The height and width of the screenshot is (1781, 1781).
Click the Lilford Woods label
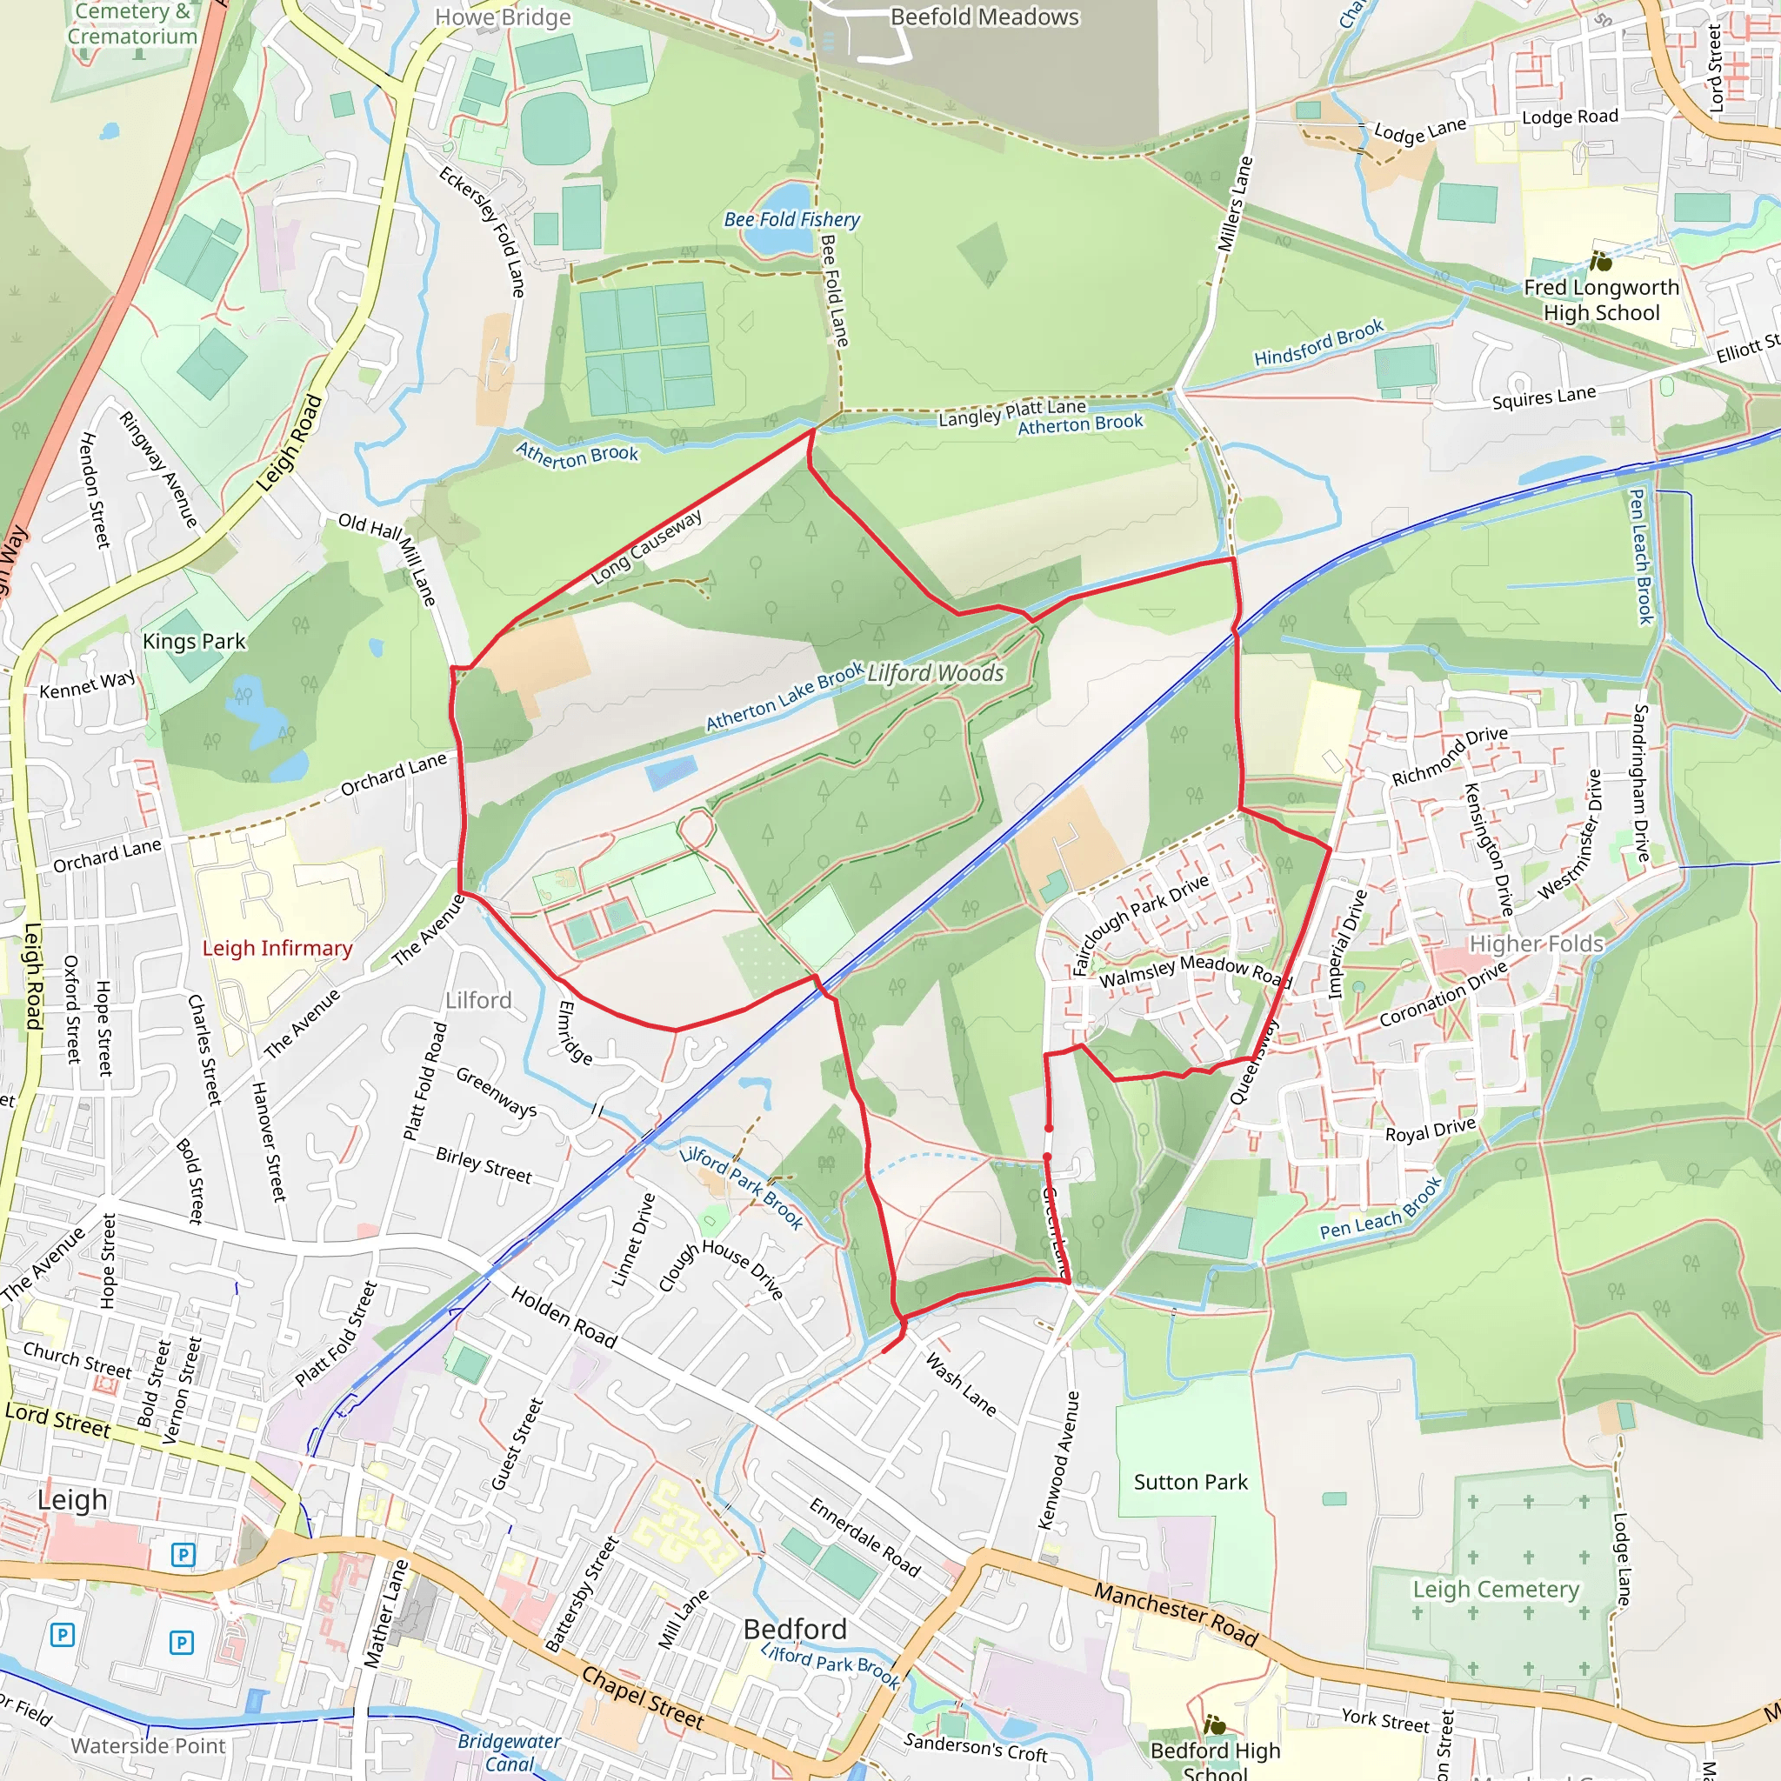[x=935, y=674]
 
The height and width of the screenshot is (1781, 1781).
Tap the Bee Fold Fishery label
[x=791, y=219]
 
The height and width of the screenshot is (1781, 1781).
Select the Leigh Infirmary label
[x=277, y=949]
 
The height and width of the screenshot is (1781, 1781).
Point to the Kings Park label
[x=194, y=642]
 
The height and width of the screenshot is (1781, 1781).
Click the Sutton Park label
[x=1191, y=1483]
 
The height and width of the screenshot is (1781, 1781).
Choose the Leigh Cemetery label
[x=1495, y=1590]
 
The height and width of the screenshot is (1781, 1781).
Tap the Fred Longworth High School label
[x=1601, y=300]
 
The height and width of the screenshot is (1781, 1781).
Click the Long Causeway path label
[x=646, y=547]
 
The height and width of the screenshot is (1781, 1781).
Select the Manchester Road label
[x=1176, y=1613]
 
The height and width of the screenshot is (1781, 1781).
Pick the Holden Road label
[x=564, y=1317]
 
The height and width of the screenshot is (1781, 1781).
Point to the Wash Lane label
[x=961, y=1384]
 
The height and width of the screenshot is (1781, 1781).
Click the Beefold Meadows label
[x=984, y=17]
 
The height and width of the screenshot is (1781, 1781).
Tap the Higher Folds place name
[x=1536, y=944]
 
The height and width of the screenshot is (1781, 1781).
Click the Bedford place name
[x=795, y=1629]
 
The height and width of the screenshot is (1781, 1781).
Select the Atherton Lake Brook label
[x=784, y=697]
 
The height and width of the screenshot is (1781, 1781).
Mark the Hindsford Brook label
[x=1318, y=342]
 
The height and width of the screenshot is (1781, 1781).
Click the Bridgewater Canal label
[x=509, y=1751]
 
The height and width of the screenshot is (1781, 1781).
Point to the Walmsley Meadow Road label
[x=1194, y=971]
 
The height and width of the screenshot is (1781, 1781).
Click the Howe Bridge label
[x=503, y=17]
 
